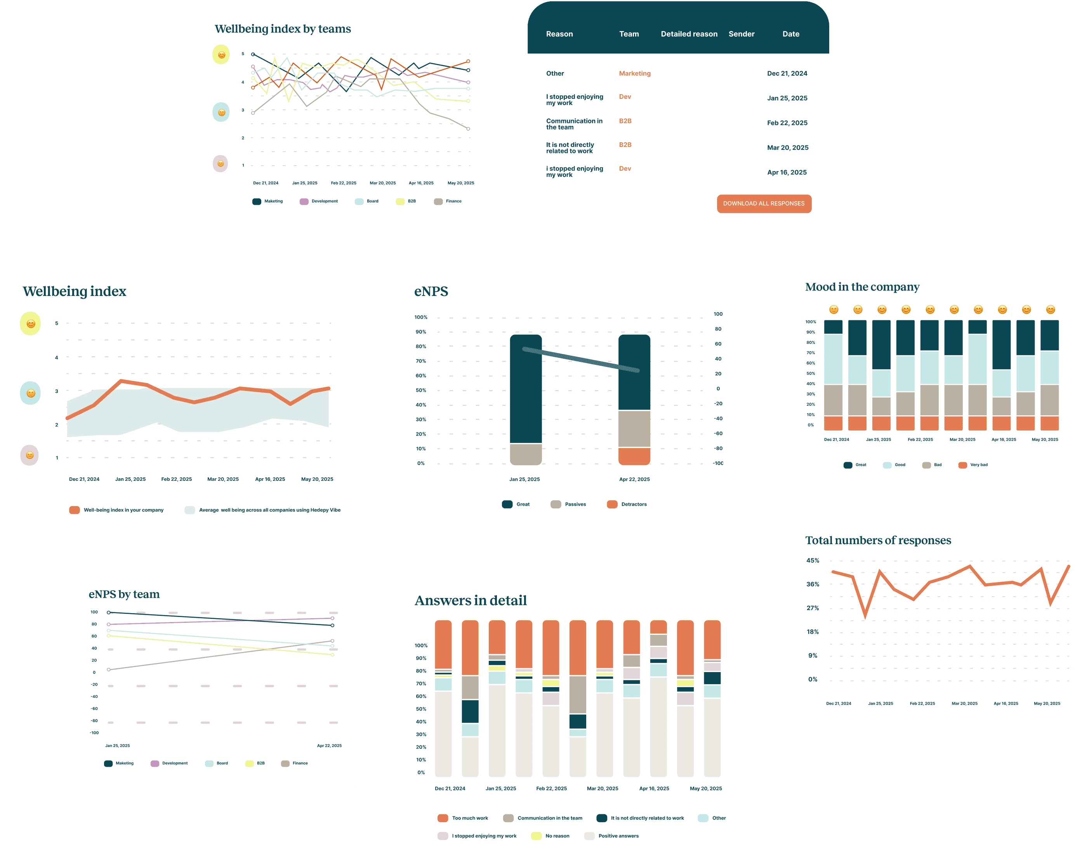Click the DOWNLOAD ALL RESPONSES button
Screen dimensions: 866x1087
click(x=764, y=204)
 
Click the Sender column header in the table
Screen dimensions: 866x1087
click(x=741, y=34)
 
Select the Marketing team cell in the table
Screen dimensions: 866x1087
click(x=635, y=74)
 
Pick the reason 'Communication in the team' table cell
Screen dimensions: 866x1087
click(x=574, y=124)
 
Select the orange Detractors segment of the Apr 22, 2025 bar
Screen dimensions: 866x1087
click(x=634, y=456)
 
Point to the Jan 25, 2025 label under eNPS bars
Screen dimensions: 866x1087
click(x=524, y=479)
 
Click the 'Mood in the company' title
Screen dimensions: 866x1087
click(x=862, y=287)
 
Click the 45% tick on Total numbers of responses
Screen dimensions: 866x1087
click(x=813, y=560)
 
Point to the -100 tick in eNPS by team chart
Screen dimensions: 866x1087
click(x=94, y=733)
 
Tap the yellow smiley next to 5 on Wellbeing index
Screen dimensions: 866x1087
click(x=30, y=323)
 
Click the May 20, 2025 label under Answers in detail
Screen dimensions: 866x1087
click(x=706, y=788)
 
